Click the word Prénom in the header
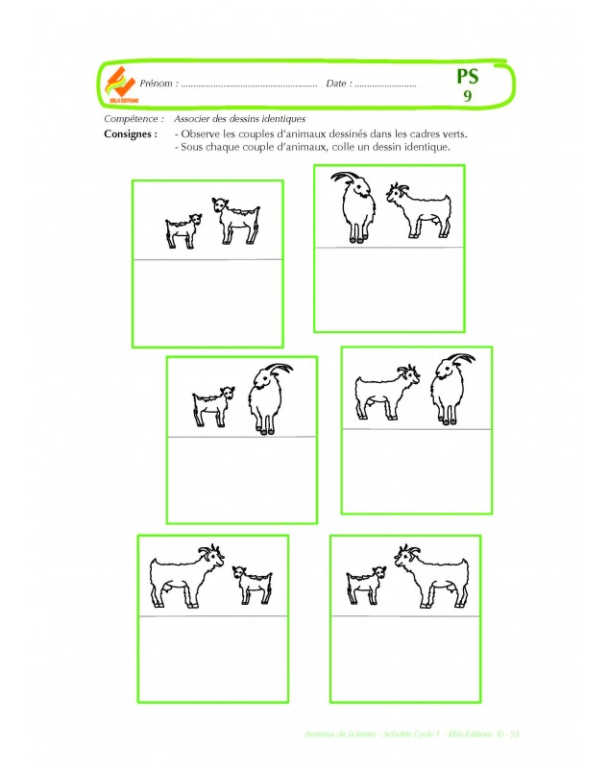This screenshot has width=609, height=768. [x=158, y=84]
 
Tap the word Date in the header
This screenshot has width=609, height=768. [x=336, y=84]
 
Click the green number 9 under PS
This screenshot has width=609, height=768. [x=467, y=97]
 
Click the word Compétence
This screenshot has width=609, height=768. [x=132, y=118]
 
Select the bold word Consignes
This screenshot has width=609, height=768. [x=130, y=134]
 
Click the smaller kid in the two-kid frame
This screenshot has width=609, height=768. [x=183, y=231]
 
